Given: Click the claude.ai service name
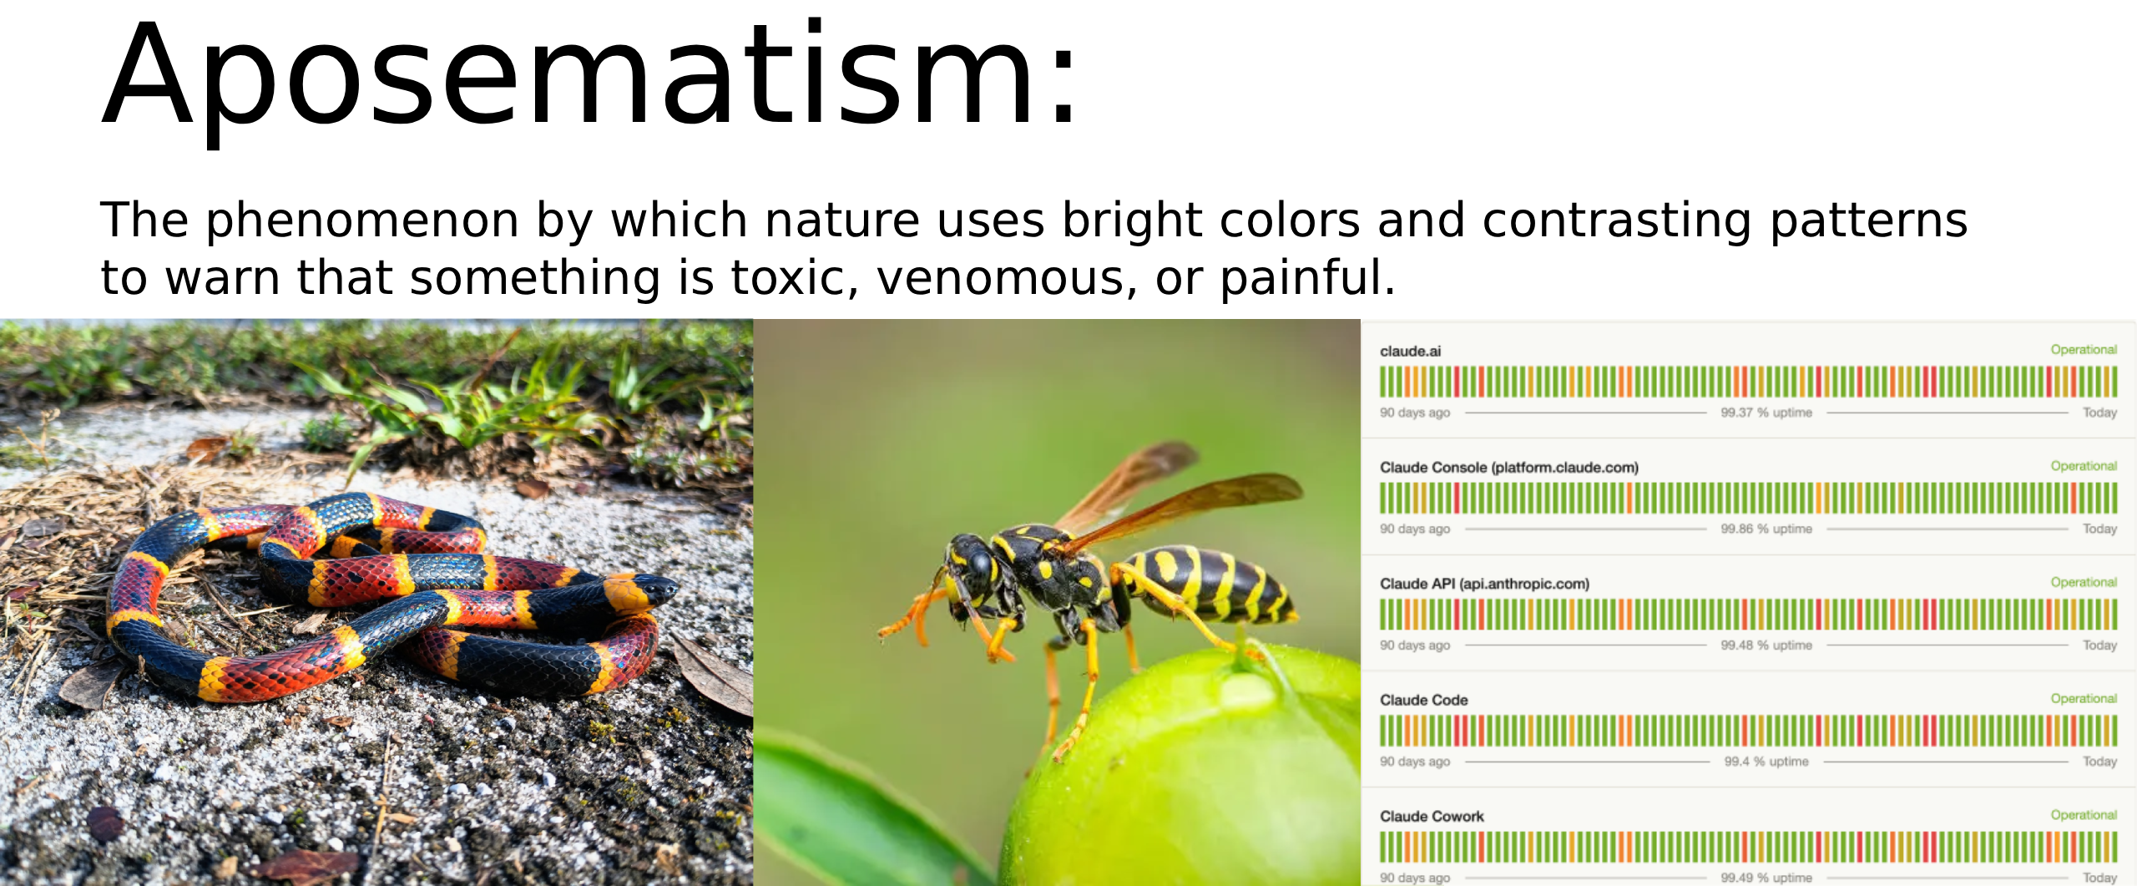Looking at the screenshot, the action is tap(1410, 352).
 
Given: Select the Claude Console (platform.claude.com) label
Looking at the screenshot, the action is tap(1509, 468).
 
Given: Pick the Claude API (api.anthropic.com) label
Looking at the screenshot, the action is tap(1484, 584).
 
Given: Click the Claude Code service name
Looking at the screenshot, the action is tap(1423, 700).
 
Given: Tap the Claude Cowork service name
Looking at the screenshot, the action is tap(1432, 816).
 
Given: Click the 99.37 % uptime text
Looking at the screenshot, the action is tap(1766, 413).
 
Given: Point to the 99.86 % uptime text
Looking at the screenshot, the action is tap(1766, 529).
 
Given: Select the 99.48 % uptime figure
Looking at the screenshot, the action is tap(1766, 645).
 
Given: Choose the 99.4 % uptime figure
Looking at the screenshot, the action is tap(1766, 761).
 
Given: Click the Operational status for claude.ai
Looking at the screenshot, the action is tap(2084, 350).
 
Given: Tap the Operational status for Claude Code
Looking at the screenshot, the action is tap(2084, 698).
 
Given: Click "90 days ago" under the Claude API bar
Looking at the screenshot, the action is tap(1415, 645).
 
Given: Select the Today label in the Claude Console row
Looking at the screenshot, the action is tap(2099, 529).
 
